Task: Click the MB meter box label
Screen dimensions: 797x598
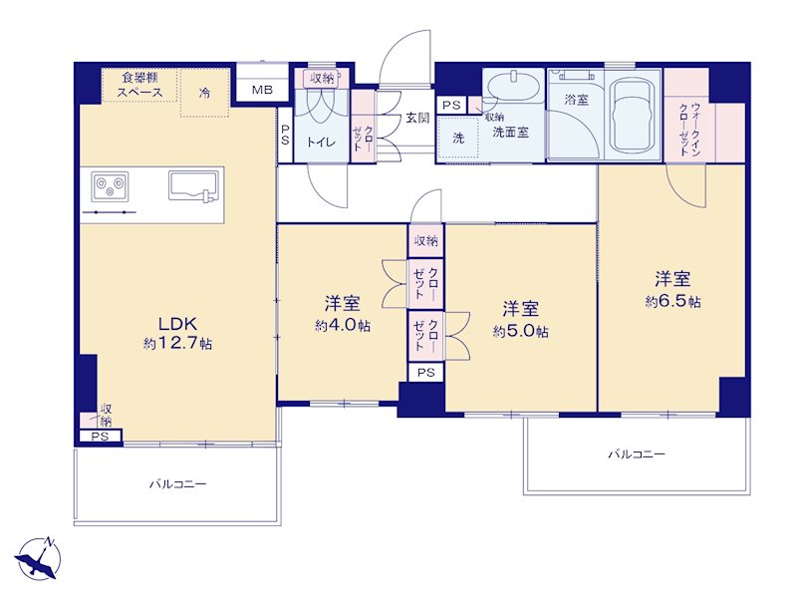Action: [x=262, y=90]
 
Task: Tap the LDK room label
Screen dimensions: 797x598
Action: [x=177, y=323]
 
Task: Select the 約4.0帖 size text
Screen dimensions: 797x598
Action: [x=342, y=326]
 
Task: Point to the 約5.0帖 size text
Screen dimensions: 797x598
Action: [x=520, y=332]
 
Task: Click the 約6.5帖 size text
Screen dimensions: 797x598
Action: [x=673, y=302]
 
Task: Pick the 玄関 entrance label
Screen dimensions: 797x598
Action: [x=417, y=118]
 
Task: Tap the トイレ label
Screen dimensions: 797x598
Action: [x=321, y=142]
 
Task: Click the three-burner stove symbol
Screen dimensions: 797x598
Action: [x=110, y=184]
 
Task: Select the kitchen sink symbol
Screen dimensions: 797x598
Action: [x=192, y=186]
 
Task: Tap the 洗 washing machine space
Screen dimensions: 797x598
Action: [x=458, y=138]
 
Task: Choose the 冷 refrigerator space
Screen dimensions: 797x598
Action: [x=204, y=93]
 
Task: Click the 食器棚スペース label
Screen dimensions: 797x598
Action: [x=139, y=85]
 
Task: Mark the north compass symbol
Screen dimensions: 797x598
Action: [x=39, y=557]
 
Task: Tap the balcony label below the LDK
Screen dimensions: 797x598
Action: [x=178, y=484]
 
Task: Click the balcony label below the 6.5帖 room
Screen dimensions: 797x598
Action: [x=637, y=454]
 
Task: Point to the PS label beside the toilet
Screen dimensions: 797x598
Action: [x=285, y=135]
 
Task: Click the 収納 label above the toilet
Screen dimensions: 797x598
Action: [x=322, y=78]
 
